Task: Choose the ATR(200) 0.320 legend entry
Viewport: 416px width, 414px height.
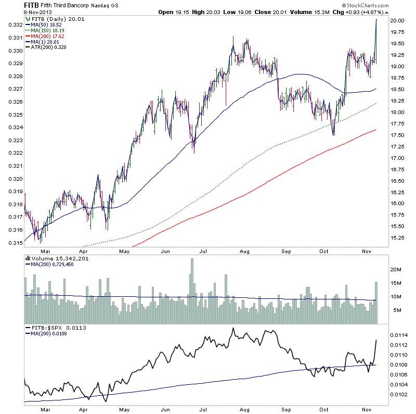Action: pos(46,48)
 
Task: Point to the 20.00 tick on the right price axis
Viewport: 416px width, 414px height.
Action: pos(398,21)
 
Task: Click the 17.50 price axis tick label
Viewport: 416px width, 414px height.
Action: pos(398,135)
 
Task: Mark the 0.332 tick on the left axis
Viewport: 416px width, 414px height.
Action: pos(16,25)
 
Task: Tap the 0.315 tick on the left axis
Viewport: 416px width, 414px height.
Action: pos(16,243)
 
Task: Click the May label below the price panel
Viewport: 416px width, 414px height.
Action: pos(124,250)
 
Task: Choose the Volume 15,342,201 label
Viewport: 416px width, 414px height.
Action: pos(54,258)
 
